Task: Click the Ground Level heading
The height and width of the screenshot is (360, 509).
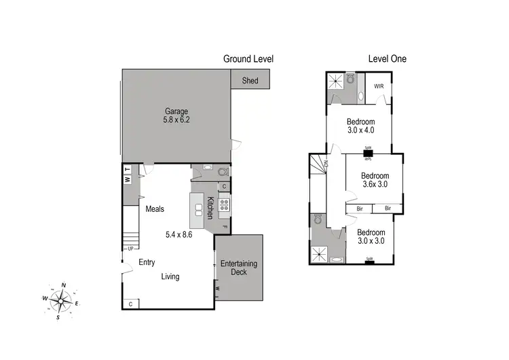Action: (x=248, y=59)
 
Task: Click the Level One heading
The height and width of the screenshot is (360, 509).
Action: (x=387, y=59)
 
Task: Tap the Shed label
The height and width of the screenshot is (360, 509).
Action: (x=250, y=80)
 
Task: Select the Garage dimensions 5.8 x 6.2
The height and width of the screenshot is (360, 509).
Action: (x=175, y=120)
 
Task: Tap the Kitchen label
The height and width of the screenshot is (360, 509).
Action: (x=210, y=208)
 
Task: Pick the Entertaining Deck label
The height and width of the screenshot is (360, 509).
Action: (x=238, y=268)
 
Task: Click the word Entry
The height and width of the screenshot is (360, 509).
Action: (x=147, y=262)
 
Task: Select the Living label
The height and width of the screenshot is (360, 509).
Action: (x=170, y=276)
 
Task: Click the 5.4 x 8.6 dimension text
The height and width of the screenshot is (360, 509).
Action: (x=179, y=234)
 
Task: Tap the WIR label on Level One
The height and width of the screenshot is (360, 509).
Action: (x=379, y=86)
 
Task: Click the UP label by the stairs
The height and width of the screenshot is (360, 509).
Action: (x=129, y=248)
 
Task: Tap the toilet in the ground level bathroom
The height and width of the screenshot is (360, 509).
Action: (x=208, y=170)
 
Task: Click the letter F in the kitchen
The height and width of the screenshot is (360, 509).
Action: (x=224, y=226)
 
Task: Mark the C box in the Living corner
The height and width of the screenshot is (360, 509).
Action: (x=130, y=304)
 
